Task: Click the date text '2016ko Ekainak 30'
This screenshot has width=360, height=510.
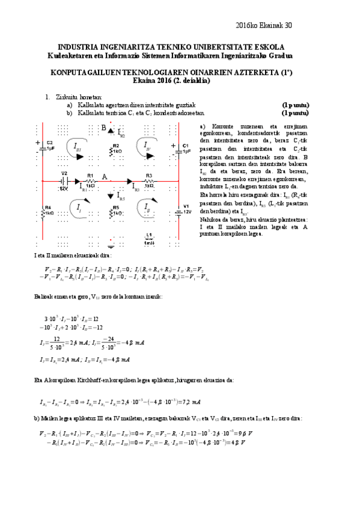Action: [265, 25]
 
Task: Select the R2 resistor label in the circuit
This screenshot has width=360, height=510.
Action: [115, 146]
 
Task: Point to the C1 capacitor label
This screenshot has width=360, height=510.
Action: [186, 146]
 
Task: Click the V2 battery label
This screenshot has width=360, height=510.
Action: [64, 173]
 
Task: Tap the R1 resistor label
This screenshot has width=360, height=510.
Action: [91, 175]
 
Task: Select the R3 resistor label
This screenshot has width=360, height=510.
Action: [148, 175]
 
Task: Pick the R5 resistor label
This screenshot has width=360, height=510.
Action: [115, 208]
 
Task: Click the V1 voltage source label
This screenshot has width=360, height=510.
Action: [186, 207]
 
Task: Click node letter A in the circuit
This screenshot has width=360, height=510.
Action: [105, 177]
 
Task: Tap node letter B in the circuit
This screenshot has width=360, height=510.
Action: [103, 128]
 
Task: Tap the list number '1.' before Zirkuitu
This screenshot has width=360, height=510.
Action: [48, 97]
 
